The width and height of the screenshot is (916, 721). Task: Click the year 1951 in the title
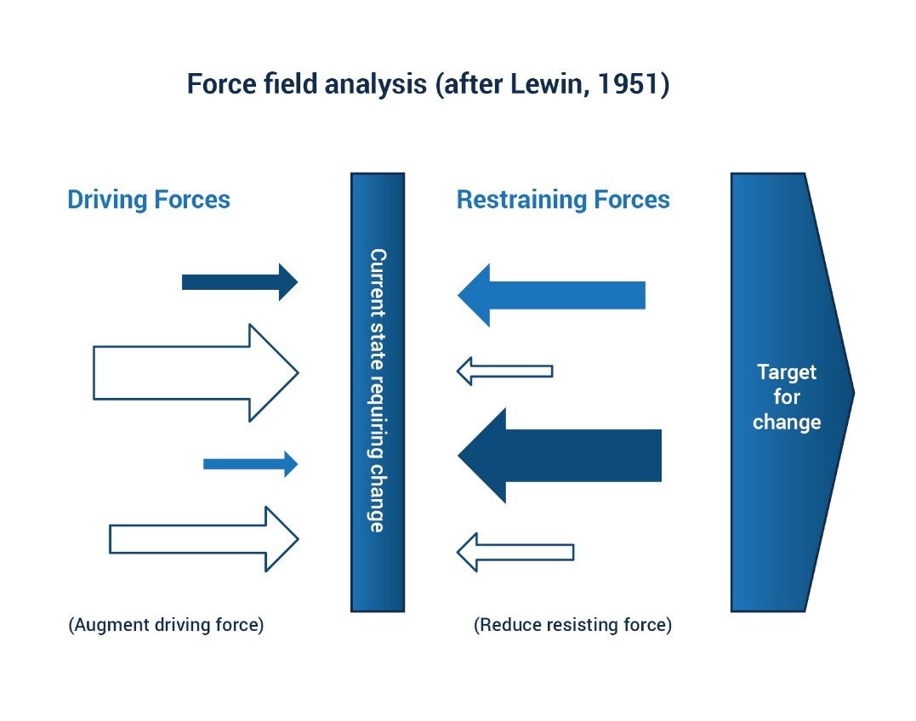click(630, 86)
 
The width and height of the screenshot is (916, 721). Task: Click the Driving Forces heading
click(149, 200)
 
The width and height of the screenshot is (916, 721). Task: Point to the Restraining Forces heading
click(563, 200)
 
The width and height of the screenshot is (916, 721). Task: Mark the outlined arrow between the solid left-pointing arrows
click(505, 371)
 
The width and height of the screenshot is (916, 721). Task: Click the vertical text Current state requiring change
click(378, 390)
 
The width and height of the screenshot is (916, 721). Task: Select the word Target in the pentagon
click(787, 372)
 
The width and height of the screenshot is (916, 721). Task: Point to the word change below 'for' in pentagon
click(787, 422)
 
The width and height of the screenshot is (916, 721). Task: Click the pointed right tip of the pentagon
click(850, 392)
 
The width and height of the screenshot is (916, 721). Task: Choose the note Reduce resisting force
click(572, 625)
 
